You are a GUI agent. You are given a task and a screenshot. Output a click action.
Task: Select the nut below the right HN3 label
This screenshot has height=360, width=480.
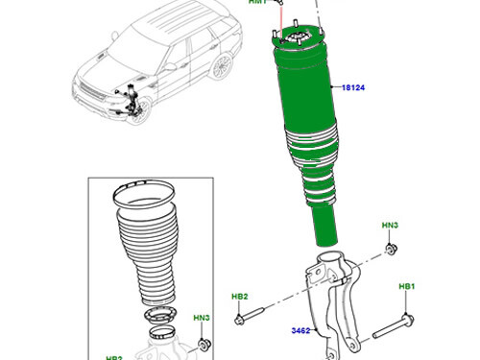pyautogui.click(x=391, y=251)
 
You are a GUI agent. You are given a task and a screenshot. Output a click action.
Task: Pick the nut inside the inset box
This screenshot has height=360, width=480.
pyautogui.click(x=203, y=343)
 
